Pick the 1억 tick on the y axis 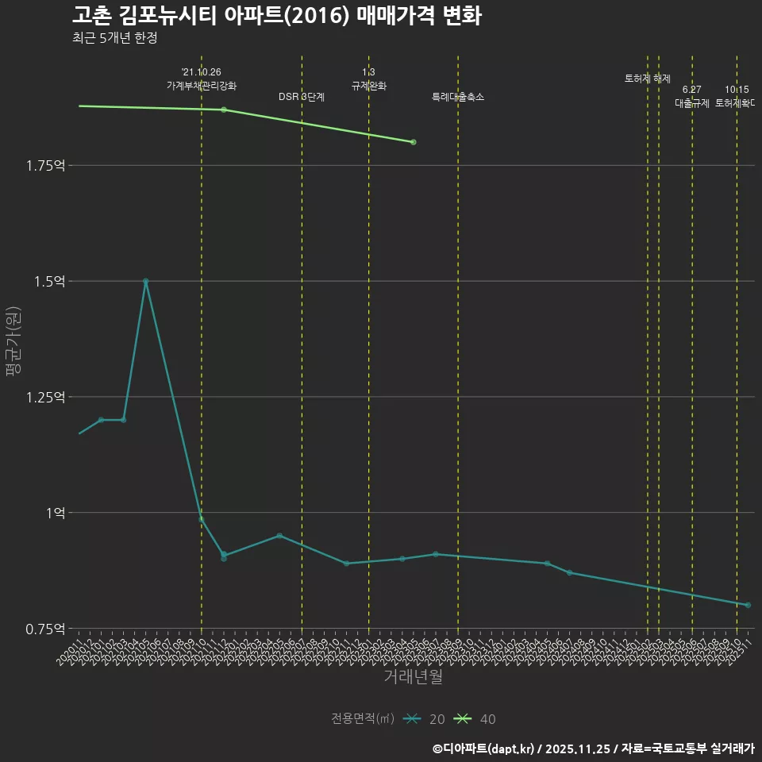click(x=56, y=513)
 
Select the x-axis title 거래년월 click(x=413, y=676)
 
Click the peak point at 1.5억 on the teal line click(x=145, y=281)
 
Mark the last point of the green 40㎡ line click(x=414, y=142)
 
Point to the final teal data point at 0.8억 click(x=748, y=605)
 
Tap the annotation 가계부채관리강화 click(x=202, y=85)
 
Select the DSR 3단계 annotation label click(x=302, y=97)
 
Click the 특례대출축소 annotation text click(x=458, y=97)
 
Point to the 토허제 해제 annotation click(x=648, y=79)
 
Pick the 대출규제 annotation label click(x=692, y=103)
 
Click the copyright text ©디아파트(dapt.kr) click(x=485, y=749)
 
